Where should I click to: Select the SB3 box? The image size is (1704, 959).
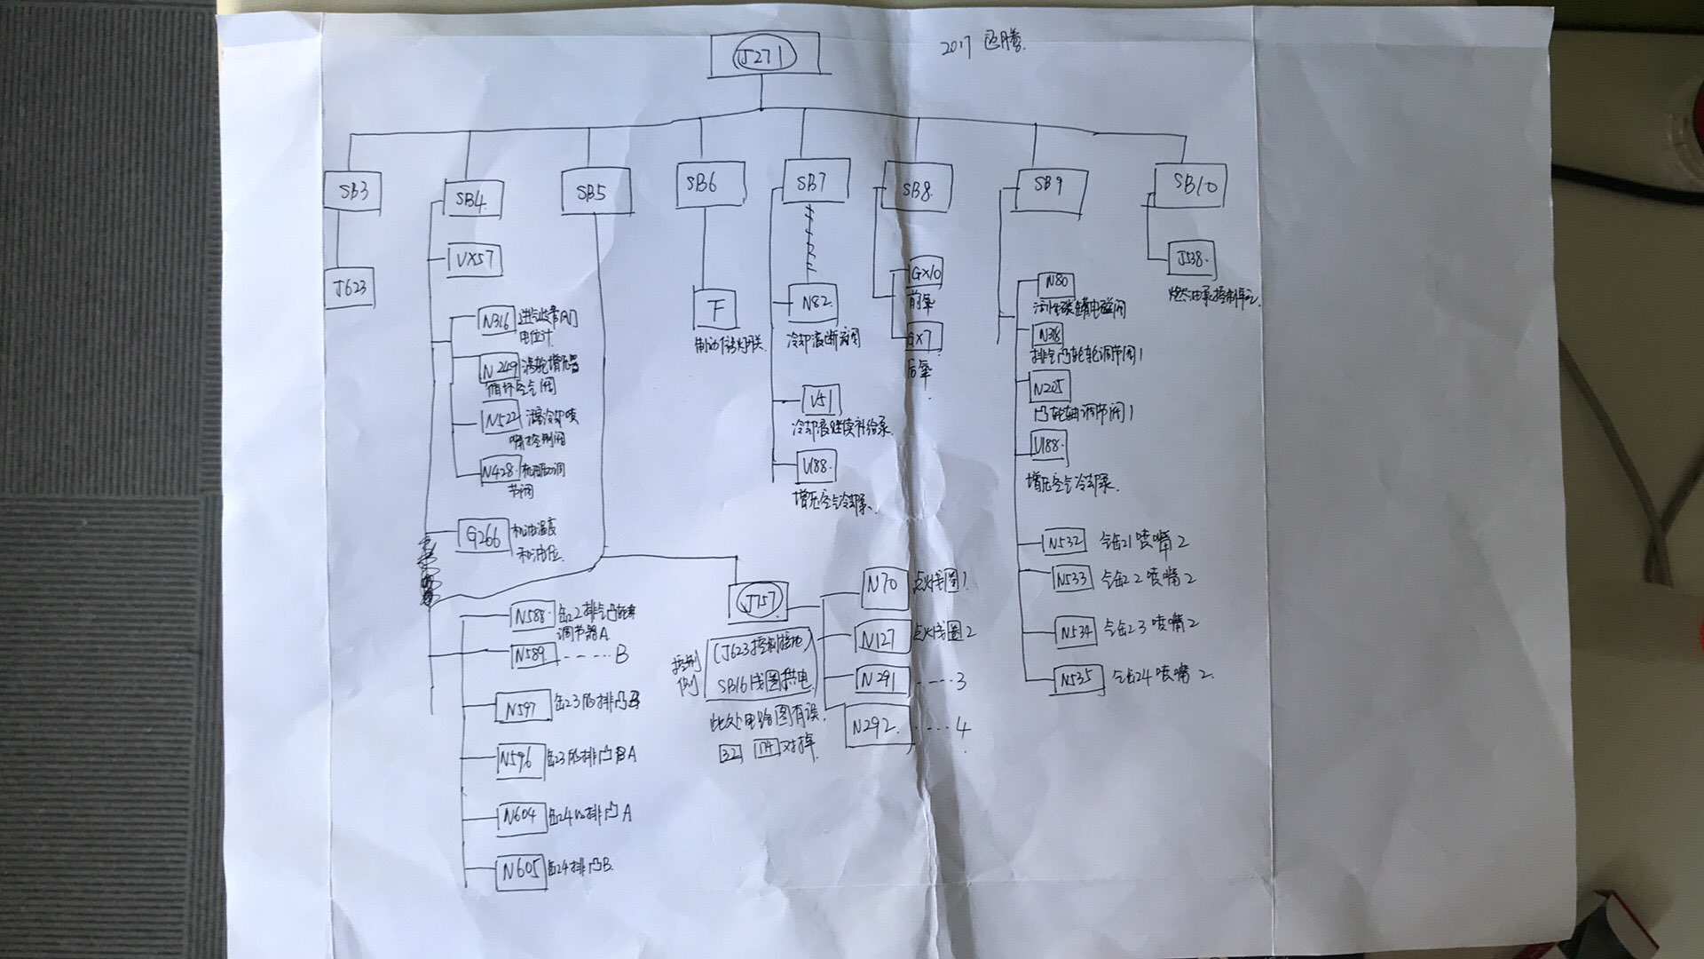352,192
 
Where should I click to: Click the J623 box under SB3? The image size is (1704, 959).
350,288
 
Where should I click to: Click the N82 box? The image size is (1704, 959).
813,303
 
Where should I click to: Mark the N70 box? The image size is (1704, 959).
884,586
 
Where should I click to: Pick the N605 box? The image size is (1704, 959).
519,871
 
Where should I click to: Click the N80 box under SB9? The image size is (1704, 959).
1056,285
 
